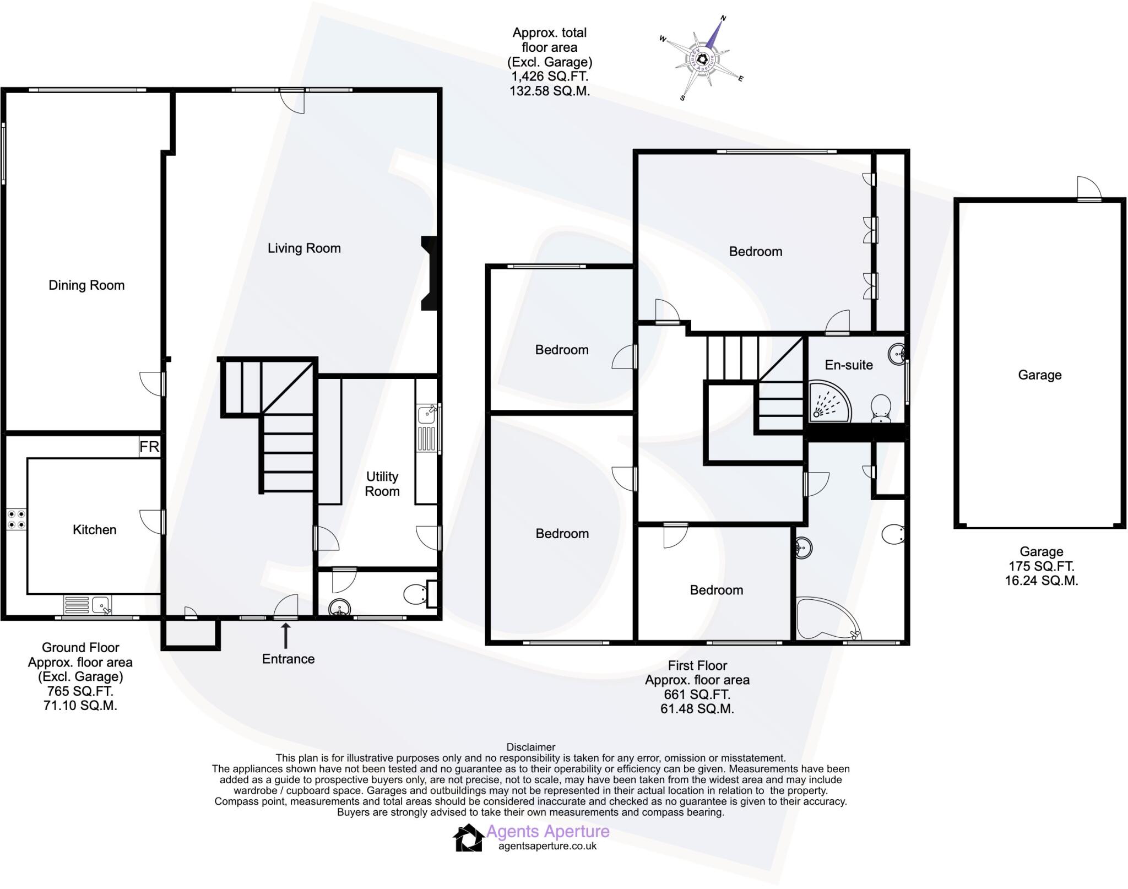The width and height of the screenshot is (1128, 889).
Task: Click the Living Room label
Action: click(x=304, y=248)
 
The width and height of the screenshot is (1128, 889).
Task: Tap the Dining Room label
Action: click(x=86, y=285)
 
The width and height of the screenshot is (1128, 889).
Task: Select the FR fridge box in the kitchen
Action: click(x=149, y=447)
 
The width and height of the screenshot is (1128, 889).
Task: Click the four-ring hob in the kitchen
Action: click(x=15, y=519)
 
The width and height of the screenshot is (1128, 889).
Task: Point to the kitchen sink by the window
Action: click(x=102, y=605)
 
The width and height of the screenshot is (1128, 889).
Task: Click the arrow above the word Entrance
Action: click(x=285, y=635)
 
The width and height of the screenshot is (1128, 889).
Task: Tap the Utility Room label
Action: click(x=382, y=484)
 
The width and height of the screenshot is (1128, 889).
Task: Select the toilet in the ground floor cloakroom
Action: click(x=415, y=594)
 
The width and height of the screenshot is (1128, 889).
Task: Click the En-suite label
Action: click(x=848, y=365)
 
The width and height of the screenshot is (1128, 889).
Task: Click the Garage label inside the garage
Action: click(x=1039, y=375)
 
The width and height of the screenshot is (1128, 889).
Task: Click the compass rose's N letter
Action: click(x=724, y=18)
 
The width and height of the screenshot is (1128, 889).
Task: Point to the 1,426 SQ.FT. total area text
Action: click(x=549, y=77)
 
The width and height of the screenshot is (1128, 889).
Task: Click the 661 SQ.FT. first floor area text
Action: click(x=697, y=695)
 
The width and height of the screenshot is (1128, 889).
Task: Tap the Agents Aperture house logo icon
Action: click(x=468, y=838)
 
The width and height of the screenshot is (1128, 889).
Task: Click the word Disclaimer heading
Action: click(x=531, y=747)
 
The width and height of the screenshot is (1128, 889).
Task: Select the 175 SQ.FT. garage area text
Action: click(x=1041, y=566)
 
